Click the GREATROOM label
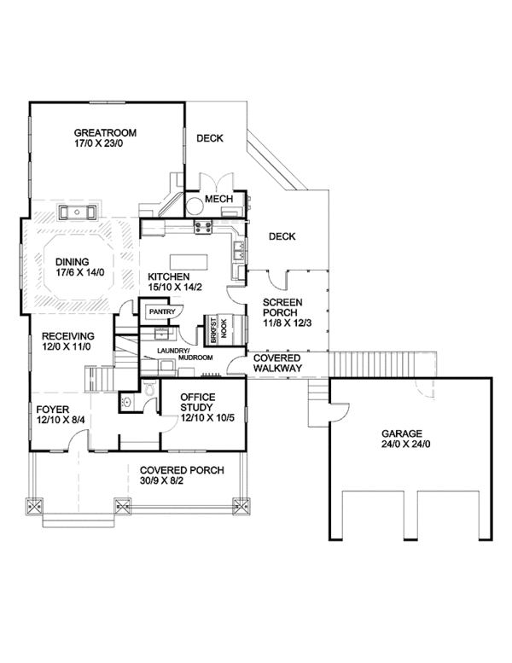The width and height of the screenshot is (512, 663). pyautogui.click(x=105, y=133)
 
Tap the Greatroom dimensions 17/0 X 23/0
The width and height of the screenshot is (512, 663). pyautogui.click(x=98, y=143)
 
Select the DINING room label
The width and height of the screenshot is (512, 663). pyautogui.click(x=73, y=262)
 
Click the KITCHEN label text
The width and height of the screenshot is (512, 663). pyautogui.click(x=169, y=277)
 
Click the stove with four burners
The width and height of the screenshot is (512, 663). pyautogui.click(x=203, y=227)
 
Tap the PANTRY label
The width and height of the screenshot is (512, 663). pyautogui.click(x=162, y=311)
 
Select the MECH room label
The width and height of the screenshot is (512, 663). pyautogui.click(x=219, y=199)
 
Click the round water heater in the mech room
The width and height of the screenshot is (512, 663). pyautogui.click(x=195, y=206)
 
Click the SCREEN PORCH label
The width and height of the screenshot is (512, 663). pyautogui.click(x=282, y=307)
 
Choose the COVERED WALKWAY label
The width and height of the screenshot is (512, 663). pyautogui.click(x=278, y=363)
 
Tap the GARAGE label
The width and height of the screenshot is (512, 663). pyautogui.click(x=402, y=433)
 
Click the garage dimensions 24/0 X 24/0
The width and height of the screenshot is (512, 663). pyautogui.click(x=406, y=445)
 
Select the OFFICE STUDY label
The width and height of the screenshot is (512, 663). pyautogui.click(x=197, y=402)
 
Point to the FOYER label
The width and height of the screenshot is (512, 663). pyautogui.click(x=52, y=410)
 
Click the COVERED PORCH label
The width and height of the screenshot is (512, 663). pyautogui.click(x=182, y=470)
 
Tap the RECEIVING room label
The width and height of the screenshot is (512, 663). pyautogui.click(x=68, y=336)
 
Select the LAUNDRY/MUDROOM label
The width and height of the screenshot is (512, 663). pyautogui.click(x=185, y=354)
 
